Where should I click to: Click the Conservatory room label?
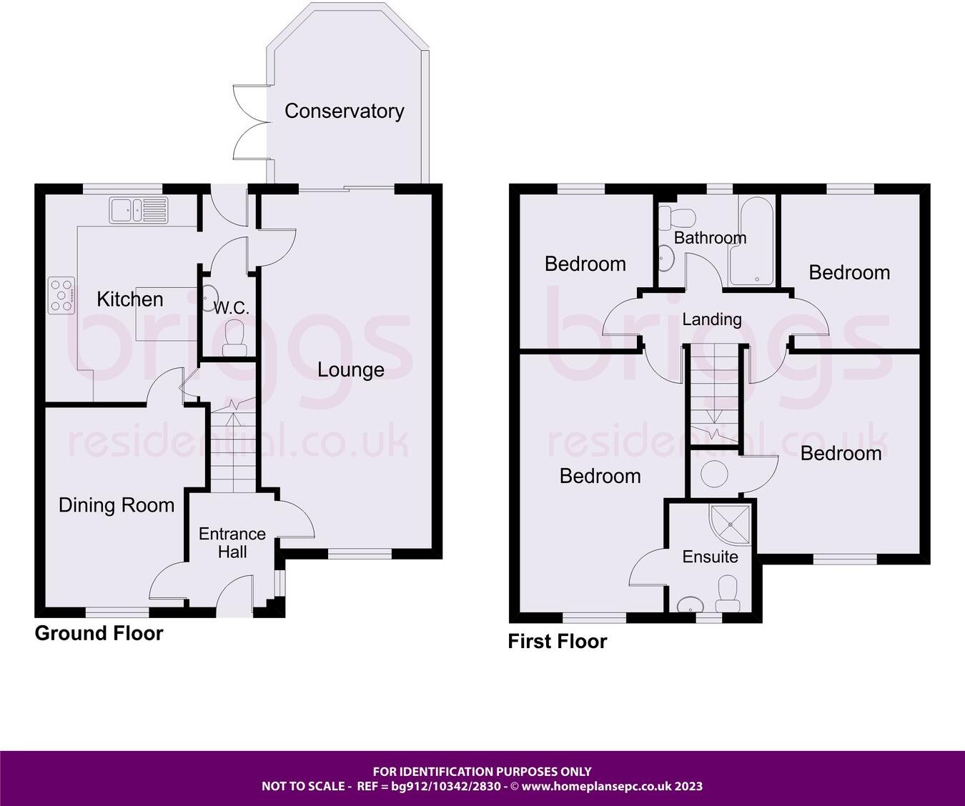click(344, 111)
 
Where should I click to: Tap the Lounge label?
click(350, 369)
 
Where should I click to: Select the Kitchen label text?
click(130, 299)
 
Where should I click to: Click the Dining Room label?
click(117, 505)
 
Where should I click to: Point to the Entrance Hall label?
click(232, 543)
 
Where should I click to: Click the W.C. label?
click(232, 308)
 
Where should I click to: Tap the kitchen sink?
click(139, 210)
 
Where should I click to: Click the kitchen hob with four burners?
click(61, 295)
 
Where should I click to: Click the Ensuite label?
click(710, 557)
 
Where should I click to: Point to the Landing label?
click(711, 319)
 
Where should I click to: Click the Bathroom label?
click(710, 238)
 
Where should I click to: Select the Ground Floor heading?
click(99, 633)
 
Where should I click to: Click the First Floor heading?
click(557, 641)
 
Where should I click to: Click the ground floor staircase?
click(232, 450)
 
